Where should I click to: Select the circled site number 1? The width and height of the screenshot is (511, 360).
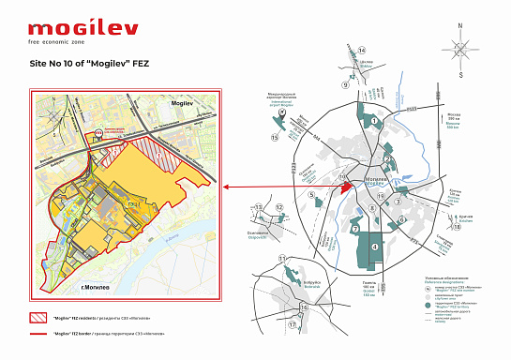click(377, 120)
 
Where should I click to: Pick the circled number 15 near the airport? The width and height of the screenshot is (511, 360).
click(275, 137)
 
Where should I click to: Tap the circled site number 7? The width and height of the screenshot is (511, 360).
click(355, 228)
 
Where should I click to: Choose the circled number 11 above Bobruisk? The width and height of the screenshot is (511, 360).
click(281, 258)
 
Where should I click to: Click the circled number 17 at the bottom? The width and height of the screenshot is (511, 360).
click(293, 324)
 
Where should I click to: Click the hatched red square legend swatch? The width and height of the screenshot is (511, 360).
click(39, 317)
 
